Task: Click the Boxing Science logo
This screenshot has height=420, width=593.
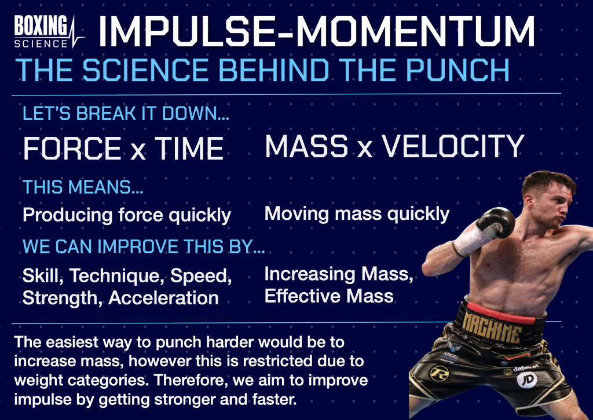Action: point(49,32)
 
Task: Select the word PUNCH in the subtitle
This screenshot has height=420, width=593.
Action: point(457,70)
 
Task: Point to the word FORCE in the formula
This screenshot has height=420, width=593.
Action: point(72,149)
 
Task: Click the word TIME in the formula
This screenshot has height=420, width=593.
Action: point(189,149)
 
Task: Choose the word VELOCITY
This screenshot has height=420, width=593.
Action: point(453,146)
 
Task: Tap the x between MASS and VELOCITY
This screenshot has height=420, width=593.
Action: point(365,150)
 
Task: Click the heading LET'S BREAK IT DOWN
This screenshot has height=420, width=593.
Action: point(126,113)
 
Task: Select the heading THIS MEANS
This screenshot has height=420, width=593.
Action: point(83,187)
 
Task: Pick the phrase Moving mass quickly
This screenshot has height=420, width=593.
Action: point(357,214)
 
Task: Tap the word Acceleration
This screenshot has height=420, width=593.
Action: point(163,297)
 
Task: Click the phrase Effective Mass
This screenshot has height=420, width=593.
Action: point(329,296)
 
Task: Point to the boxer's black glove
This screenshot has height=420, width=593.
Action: point(496,222)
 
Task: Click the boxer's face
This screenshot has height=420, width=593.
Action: point(552,204)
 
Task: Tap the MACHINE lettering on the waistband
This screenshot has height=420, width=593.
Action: point(492,327)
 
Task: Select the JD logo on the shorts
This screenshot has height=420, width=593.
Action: point(527,379)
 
